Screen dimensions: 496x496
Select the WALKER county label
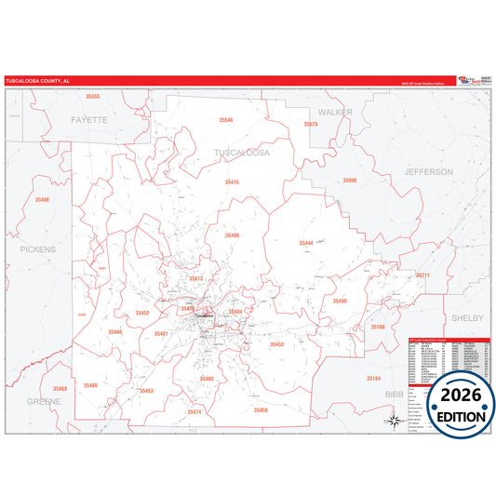(335, 112)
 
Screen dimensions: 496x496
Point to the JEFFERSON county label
(428, 172)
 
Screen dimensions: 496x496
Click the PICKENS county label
(38, 249)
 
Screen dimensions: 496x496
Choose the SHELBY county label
(467, 317)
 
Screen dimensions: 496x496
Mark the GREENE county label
(44, 401)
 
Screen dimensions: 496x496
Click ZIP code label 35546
(227, 120)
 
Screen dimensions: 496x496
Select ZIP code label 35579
(311, 124)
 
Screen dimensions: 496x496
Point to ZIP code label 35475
(232, 181)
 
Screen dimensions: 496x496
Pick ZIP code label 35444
(306, 242)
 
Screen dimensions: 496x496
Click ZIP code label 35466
(43, 199)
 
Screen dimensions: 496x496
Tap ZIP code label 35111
(422, 275)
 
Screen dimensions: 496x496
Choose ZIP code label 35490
(340, 301)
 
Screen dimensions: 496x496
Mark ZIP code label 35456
(260, 409)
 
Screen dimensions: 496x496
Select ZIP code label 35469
(60, 388)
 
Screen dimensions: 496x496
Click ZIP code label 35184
(373, 379)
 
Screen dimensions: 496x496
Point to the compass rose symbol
(395, 422)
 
